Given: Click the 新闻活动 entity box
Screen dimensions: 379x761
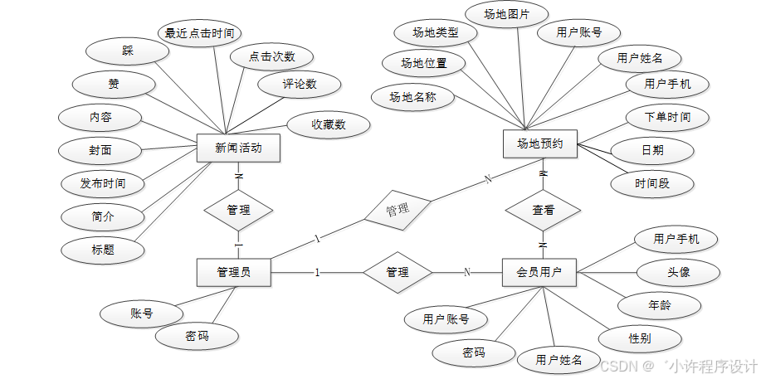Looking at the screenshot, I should tap(238, 148).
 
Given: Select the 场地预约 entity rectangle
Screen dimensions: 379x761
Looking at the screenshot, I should tap(540, 143).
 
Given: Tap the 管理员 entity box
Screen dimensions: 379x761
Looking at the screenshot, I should tap(233, 272).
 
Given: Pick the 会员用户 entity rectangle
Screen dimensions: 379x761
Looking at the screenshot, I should tap(539, 272).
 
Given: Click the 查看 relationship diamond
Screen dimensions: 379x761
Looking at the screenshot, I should tap(544, 211).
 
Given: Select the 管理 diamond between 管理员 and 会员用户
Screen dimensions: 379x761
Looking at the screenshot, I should tap(398, 272).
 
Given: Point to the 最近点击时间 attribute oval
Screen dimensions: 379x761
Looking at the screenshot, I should tap(199, 34).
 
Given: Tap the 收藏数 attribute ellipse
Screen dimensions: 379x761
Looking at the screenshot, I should tap(329, 124).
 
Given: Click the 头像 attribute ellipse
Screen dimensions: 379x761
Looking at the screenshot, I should tap(677, 272).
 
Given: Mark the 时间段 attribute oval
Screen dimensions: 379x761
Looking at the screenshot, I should tap(652, 183).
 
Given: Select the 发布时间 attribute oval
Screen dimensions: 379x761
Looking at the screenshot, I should tap(103, 183).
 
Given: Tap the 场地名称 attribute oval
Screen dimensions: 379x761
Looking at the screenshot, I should tap(413, 97).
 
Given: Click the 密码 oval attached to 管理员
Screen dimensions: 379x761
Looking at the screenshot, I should tap(197, 336).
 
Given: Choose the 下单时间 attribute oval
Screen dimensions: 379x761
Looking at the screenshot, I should tap(667, 117).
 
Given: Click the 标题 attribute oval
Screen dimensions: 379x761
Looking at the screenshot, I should tap(103, 249).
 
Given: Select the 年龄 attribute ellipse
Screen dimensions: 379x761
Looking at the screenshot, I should tap(660, 305).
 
